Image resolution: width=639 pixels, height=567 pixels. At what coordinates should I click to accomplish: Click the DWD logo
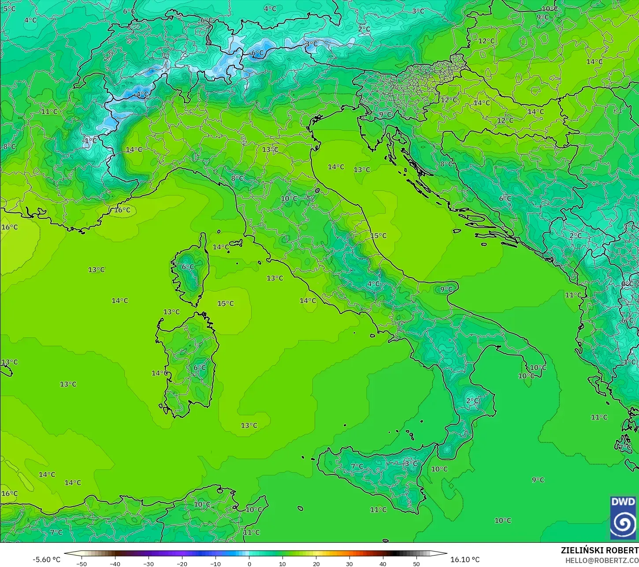click(623, 518)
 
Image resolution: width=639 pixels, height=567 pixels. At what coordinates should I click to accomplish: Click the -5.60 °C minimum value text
click(46, 560)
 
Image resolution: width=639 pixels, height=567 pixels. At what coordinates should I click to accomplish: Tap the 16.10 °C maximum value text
click(464, 560)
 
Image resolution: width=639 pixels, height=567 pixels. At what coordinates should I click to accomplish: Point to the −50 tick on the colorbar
click(81, 563)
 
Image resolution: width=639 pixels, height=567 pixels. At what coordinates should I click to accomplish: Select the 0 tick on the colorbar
click(249, 563)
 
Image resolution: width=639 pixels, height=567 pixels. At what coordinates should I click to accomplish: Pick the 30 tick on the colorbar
click(349, 563)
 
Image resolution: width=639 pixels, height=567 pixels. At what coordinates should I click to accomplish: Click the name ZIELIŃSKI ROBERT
click(599, 550)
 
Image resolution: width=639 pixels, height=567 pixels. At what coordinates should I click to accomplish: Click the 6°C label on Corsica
click(188, 267)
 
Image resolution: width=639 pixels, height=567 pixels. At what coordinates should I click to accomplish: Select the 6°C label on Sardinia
click(199, 367)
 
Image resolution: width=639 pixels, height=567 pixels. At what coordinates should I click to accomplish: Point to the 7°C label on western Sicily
click(357, 466)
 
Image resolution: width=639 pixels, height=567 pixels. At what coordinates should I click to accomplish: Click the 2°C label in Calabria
click(472, 400)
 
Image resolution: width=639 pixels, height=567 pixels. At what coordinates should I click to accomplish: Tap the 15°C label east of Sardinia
click(225, 303)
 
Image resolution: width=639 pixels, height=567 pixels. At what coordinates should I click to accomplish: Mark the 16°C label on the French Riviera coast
click(122, 210)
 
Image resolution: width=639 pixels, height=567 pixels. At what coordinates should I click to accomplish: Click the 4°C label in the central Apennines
click(373, 284)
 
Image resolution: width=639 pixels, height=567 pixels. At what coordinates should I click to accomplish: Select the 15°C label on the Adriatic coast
click(378, 236)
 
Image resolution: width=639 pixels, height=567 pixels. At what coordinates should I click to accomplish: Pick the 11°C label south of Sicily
click(378, 509)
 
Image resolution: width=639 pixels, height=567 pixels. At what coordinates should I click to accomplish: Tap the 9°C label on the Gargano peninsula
click(446, 289)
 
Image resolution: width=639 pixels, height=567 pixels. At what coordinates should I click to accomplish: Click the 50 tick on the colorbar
click(416, 563)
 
